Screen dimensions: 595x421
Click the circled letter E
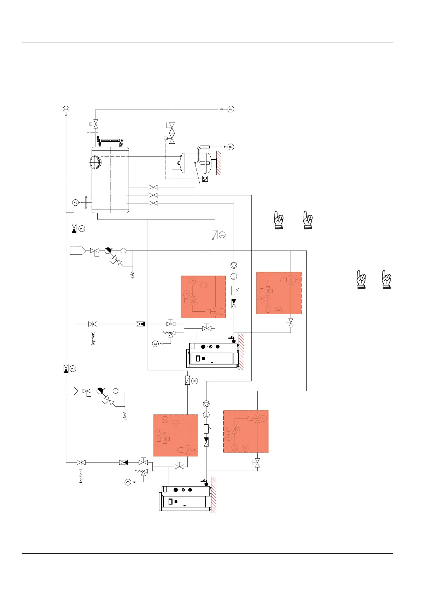pyautogui.click(x=66, y=109)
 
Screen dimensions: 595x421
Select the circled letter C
pyautogui.click(x=230, y=109)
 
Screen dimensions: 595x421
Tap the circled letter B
pyautogui.click(x=230, y=147)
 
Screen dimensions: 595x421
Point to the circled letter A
pyautogui.click(x=75, y=202)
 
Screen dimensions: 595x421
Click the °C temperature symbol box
pyautogui.click(x=205, y=178)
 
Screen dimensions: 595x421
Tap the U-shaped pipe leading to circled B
pyautogui.click(x=203, y=154)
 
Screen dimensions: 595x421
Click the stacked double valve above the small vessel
pyautogui.click(x=172, y=133)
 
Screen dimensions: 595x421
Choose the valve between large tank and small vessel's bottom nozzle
pyautogui.click(x=153, y=187)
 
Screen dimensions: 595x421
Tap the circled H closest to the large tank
pyautogui.click(x=222, y=235)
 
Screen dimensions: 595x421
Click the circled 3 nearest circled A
pyautogui.click(x=82, y=229)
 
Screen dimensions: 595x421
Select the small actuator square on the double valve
pyautogui.click(x=165, y=138)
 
